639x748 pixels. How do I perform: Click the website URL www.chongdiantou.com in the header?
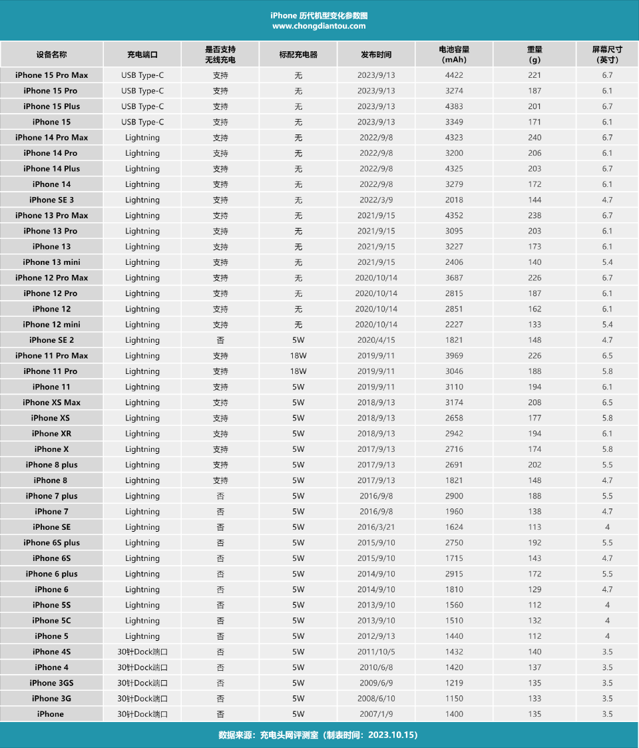319,26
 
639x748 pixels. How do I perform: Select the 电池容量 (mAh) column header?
454,54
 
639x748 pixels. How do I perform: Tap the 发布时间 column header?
376,55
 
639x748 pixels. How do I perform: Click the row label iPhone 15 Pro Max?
51,75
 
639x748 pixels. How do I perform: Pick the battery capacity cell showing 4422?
454,75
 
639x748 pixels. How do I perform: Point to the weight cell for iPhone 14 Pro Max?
534,138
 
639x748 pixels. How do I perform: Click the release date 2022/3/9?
376,200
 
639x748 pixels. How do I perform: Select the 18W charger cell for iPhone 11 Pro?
298,371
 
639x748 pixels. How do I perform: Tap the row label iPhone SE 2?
51,340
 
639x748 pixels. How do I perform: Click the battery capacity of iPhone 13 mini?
454,262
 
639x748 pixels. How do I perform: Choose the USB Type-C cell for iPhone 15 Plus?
142,106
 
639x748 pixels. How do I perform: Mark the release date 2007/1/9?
376,714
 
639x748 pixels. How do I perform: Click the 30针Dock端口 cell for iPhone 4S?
142,652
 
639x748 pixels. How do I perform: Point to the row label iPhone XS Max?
51,403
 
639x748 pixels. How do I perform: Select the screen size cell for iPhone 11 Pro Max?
607,355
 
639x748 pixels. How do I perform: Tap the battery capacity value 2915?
454,574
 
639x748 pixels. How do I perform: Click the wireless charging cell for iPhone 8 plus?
220,465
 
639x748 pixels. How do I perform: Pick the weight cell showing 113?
534,527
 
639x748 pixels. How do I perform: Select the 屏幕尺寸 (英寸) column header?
607,54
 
